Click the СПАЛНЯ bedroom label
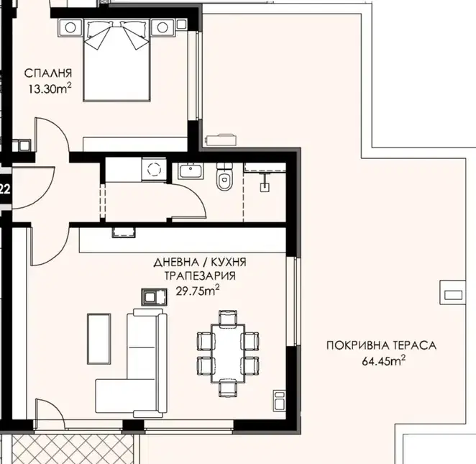point(48,73)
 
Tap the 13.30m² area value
point(50,88)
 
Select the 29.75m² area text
point(198,291)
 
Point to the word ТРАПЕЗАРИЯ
point(200,276)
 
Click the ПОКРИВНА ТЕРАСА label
point(381,345)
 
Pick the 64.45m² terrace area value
point(384,360)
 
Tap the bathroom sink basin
point(191,171)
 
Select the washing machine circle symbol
point(154,169)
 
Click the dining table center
point(228,353)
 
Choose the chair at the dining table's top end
point(228,318)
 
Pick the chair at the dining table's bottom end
point(228,388)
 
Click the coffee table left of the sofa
point(99,339)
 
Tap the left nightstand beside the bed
point(70,27)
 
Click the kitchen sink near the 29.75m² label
point(154,297)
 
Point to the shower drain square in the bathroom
point(264,187)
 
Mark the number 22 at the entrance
point(5,190)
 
